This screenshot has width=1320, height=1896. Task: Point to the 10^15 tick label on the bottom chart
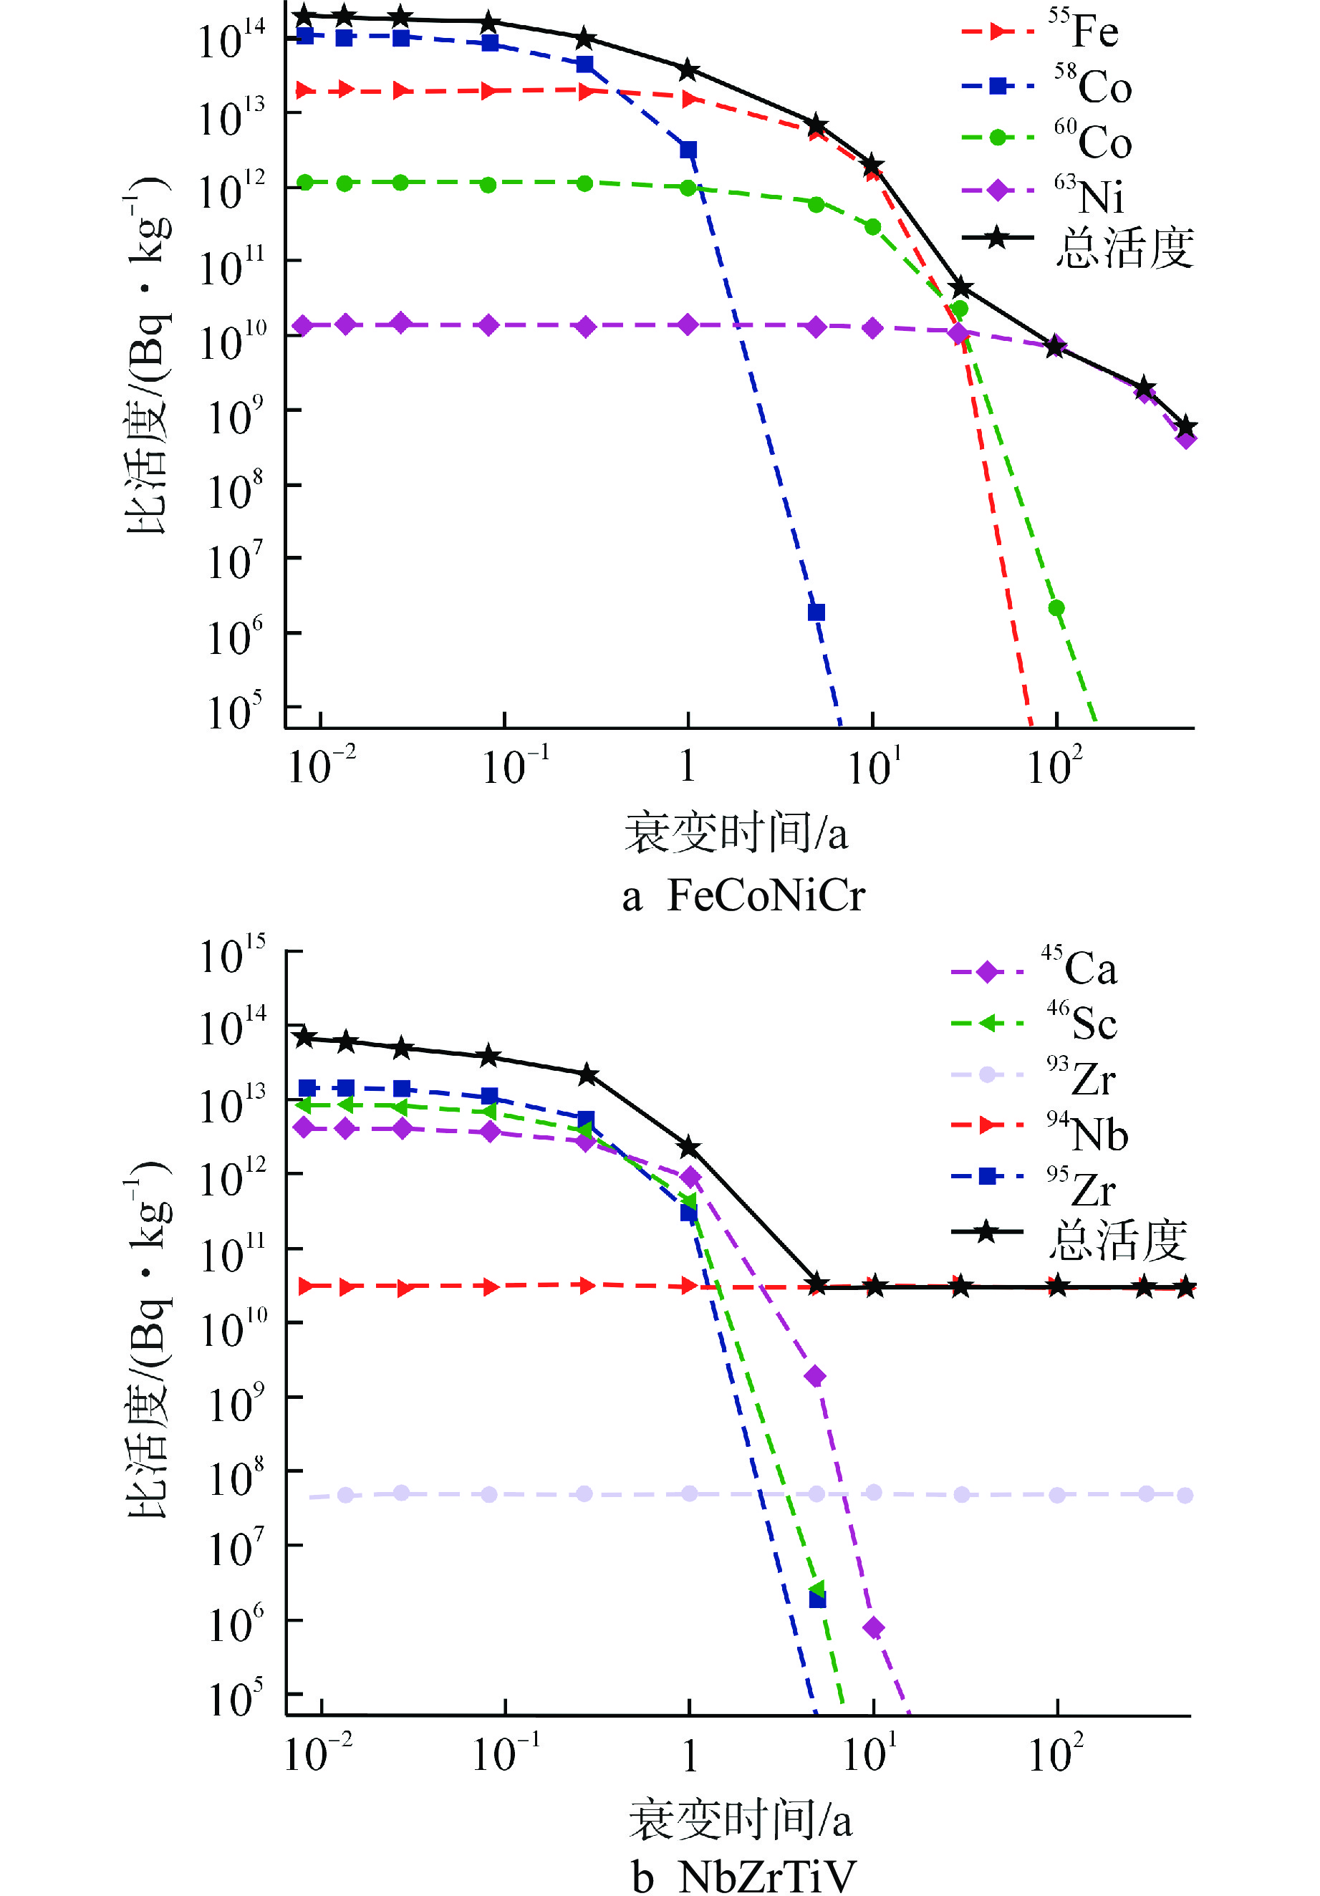pos(233,956)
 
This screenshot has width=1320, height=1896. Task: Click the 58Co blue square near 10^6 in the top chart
pos(816,612)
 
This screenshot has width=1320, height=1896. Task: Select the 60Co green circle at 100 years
pos(1056,608)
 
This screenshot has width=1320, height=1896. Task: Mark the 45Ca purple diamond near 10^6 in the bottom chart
pos(873,1627)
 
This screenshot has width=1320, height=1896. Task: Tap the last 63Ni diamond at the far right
pos(1186,438)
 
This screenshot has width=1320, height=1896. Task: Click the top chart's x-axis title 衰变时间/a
pos(736,832)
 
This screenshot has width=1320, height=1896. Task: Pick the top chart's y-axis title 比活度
pos(148,355)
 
